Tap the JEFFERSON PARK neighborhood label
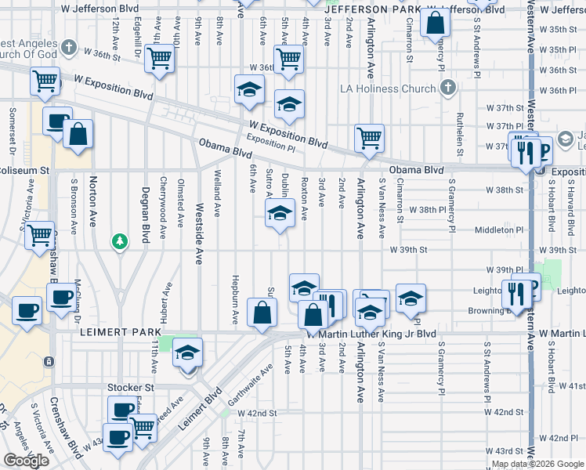(377, 9)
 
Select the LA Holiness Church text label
(387, 89)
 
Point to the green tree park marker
(119, 240)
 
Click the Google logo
(26, 461)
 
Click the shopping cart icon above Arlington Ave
(369, 139)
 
